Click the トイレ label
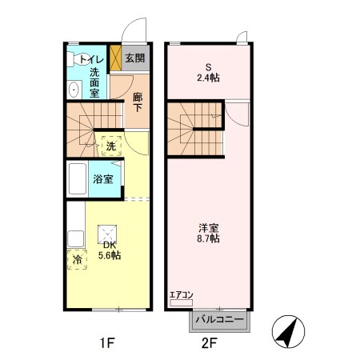[90, 58]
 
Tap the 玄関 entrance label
[135, 58]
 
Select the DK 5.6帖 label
[109, 250]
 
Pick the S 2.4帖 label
[209, 73]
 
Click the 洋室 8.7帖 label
[209, 233]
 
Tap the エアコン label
[181, 294]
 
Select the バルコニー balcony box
[219, 319]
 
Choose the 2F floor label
[210, 344]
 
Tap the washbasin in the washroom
[72, 89]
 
